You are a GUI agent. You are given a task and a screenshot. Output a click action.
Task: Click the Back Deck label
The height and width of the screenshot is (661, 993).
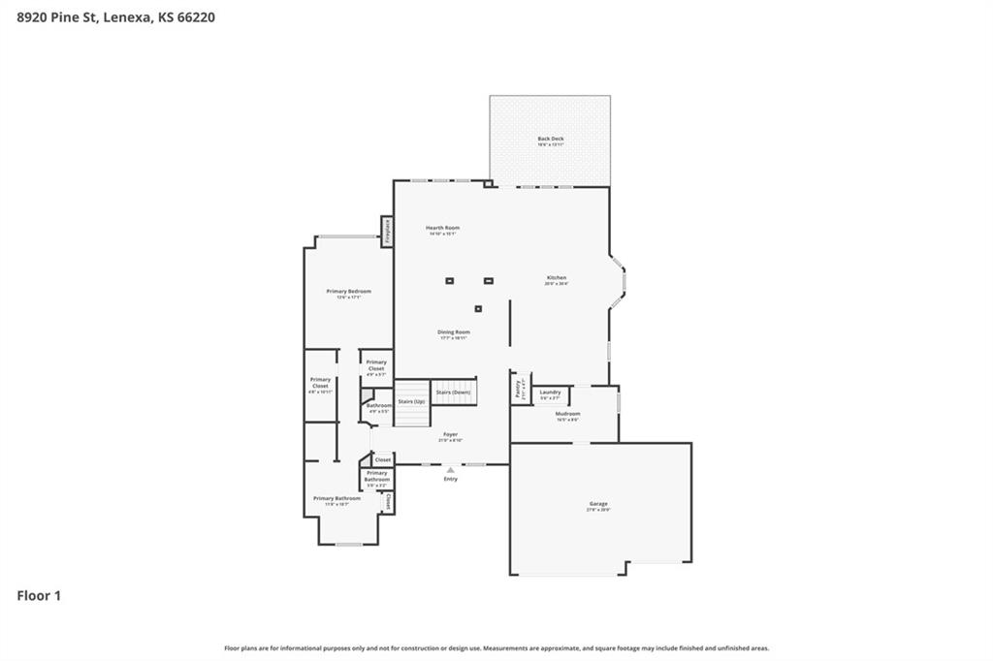click(550, 139)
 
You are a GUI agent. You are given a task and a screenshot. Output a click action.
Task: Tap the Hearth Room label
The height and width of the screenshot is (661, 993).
click(442, 228)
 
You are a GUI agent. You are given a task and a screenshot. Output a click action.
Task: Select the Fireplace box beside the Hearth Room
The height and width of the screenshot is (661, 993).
click(387, 231)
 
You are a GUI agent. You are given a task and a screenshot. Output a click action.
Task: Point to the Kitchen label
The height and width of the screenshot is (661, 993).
click(555, 278)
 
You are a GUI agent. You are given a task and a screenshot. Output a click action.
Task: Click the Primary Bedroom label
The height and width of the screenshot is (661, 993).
click(348, 292)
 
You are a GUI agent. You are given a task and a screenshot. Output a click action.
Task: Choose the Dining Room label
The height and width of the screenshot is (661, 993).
click(453, 332)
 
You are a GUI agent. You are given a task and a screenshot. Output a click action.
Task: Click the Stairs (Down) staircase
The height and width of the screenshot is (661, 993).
click(454, 392)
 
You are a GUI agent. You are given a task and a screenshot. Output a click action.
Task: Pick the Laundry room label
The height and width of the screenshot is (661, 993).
click(550, 393)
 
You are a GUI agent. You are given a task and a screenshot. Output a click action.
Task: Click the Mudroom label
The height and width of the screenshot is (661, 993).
click(567, 415)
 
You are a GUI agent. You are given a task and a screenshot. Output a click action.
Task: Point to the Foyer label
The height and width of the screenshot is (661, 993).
click(450, 435)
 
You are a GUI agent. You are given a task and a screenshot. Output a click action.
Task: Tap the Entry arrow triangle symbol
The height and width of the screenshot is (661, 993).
click(450, 470)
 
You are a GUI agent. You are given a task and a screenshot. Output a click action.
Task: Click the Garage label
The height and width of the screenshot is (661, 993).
click(598, 505)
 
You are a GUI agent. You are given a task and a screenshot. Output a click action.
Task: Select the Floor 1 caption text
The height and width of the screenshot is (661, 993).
click(39, 596)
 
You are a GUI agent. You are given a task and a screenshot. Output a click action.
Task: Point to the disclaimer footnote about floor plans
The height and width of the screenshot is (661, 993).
click(496, 648)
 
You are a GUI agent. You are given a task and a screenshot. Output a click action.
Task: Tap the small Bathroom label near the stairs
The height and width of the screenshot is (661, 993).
click(378, 406)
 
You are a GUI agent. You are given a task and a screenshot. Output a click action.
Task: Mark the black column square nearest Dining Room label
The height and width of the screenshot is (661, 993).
click(478, 309)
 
